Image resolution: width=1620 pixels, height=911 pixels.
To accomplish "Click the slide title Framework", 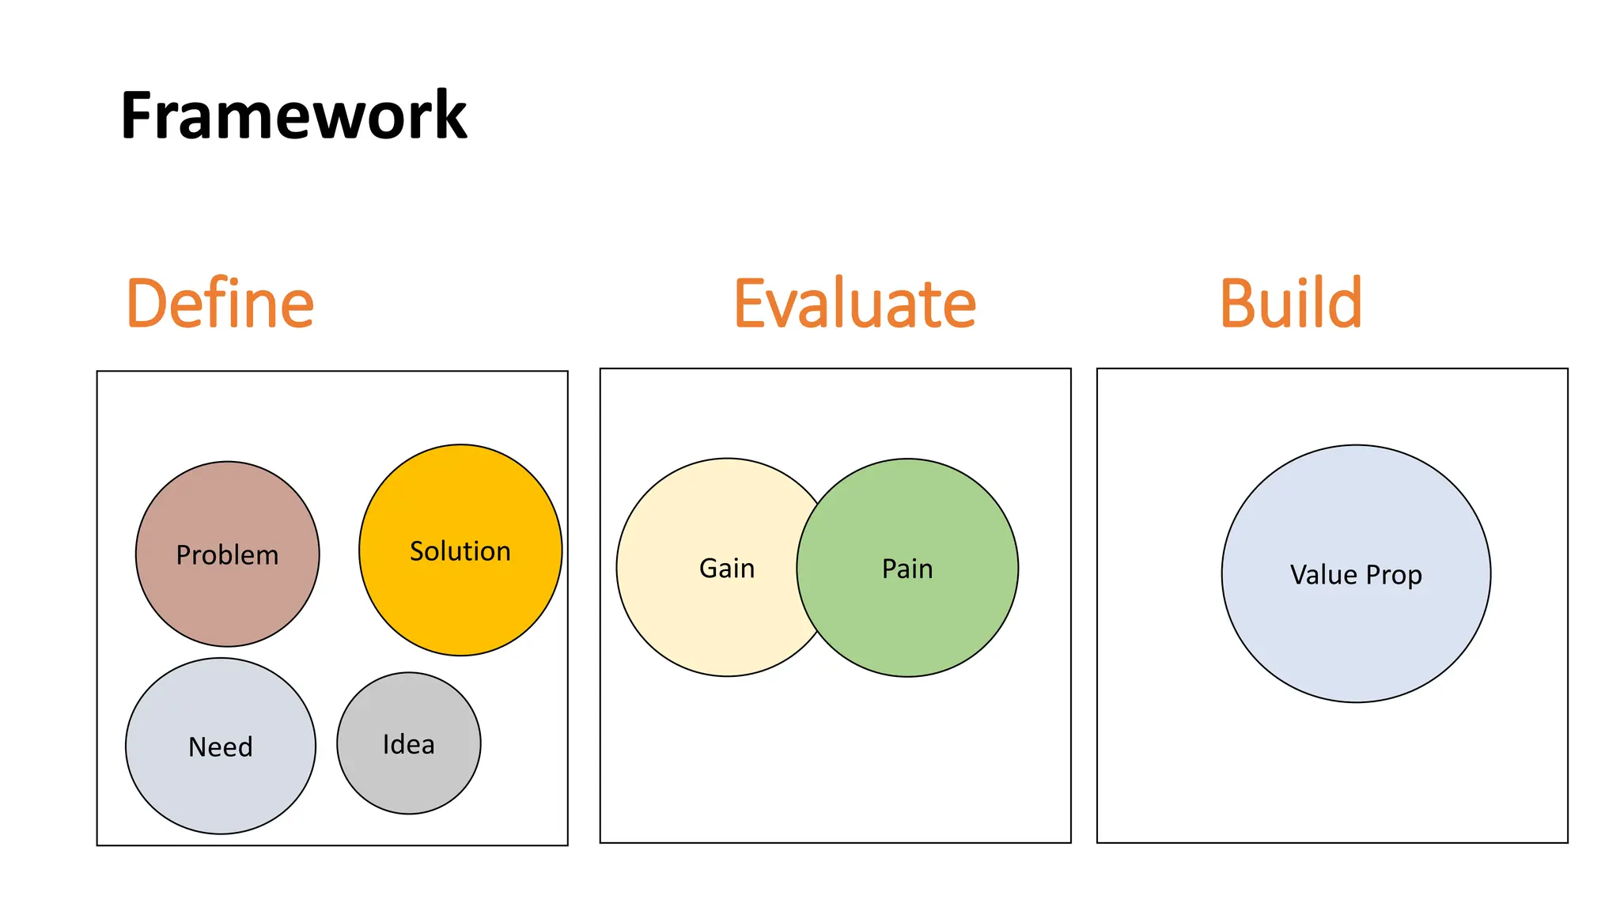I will tap(293, 115).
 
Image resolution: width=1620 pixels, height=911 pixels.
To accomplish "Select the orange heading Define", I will tap(220, 304).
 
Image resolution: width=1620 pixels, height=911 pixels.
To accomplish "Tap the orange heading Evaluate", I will tap(854, 304).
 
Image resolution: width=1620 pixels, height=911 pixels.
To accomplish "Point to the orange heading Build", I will tap(1290, 304).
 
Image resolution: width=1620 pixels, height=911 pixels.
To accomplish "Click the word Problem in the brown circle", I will tap(227, 555).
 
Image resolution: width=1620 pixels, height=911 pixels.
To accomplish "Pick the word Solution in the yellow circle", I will tap(460, 551).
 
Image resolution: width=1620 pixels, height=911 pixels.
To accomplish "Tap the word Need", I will tap(220, 747).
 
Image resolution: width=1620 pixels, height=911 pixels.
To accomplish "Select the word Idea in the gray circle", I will tap(408, 744).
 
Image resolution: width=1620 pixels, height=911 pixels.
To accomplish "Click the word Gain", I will tap(726, 569).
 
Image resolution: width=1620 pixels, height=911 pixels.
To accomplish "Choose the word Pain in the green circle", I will tap(907, 569).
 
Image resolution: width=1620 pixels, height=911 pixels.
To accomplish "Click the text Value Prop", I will tap(1356, 575).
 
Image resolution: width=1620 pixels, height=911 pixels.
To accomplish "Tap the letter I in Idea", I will tap(386, 744).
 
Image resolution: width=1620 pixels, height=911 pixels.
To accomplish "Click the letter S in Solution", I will tap(417, 551).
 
